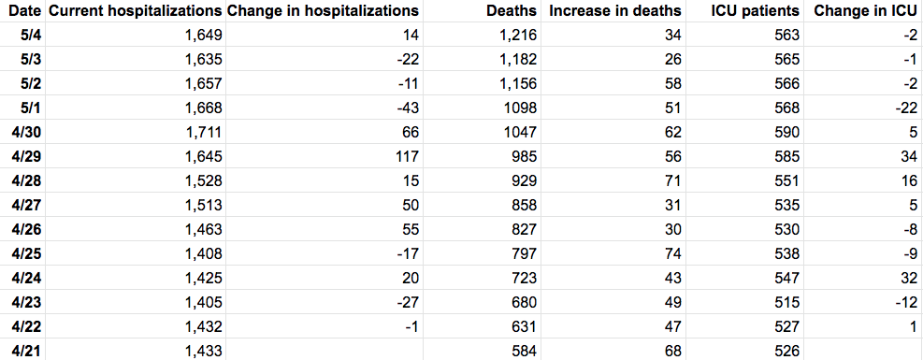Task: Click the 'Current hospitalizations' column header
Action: point(136,10)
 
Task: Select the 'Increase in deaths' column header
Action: point(615,10)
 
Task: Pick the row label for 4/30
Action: point(26,133)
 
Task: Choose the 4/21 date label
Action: point(26,352)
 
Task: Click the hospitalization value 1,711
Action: point(203,133)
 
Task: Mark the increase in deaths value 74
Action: point(672,254)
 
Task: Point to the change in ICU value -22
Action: point(906,108)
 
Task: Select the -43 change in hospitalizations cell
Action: point(407,108)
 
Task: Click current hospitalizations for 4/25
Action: point(203,254)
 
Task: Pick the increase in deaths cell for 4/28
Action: point(672,181)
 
